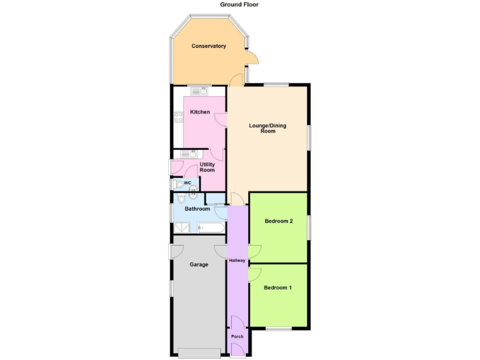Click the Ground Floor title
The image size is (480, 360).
coord(239,4)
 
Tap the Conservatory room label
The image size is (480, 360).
coord(209,46)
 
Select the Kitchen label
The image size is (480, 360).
coord(200,112)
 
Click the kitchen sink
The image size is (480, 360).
coord(200,91)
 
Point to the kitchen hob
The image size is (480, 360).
coord(179,117)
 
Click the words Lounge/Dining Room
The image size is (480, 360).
coord(267,128)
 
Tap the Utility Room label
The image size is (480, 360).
coord(207,167)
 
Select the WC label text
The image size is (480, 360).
coord(187,182)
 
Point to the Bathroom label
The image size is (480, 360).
coord(197,209)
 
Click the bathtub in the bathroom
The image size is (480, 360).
coord(210,227)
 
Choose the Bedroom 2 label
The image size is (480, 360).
coord(279,221)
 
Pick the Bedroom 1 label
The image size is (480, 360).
coord(277,288)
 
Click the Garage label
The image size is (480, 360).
coord(199,264)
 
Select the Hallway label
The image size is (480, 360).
coord(237,261)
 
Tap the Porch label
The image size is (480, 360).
coord(237,337)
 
